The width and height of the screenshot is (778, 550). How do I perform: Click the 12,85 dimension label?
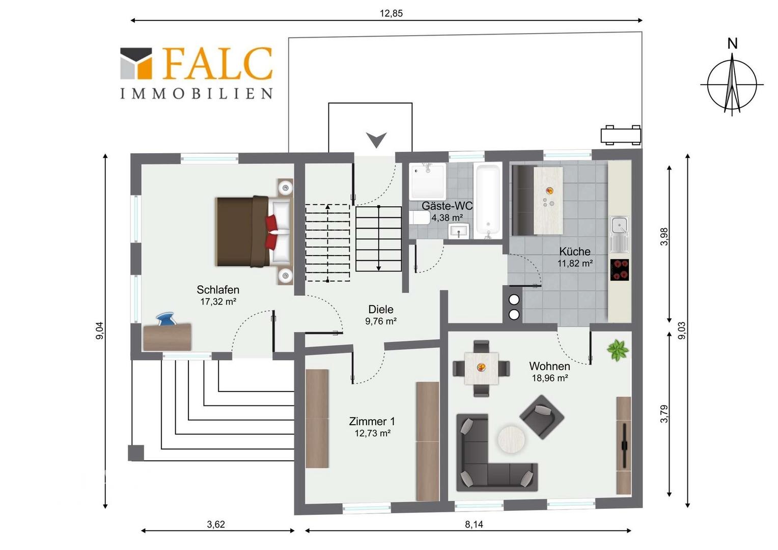391,13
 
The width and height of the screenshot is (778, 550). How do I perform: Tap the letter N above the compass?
733,44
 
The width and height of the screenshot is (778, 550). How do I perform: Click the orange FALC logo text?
217,64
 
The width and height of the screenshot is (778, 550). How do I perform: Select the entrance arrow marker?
376,140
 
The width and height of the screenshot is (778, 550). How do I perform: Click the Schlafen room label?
218,289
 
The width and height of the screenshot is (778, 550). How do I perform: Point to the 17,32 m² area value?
218,301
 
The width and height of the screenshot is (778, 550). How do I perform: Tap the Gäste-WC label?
447,206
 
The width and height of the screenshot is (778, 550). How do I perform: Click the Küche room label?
575,251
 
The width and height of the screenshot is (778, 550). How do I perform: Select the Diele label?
381,309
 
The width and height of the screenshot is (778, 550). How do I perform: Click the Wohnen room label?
549,366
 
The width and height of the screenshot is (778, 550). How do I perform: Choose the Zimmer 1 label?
372,422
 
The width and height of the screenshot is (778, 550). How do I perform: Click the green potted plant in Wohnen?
618,350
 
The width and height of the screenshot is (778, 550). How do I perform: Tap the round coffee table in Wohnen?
511,439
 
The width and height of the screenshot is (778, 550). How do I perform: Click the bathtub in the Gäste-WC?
488,201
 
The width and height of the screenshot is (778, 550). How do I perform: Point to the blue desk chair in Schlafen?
166,319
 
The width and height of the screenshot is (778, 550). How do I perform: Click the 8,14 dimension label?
474,524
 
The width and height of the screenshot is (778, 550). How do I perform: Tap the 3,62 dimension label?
216,524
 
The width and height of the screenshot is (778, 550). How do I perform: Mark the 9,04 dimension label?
100,331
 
